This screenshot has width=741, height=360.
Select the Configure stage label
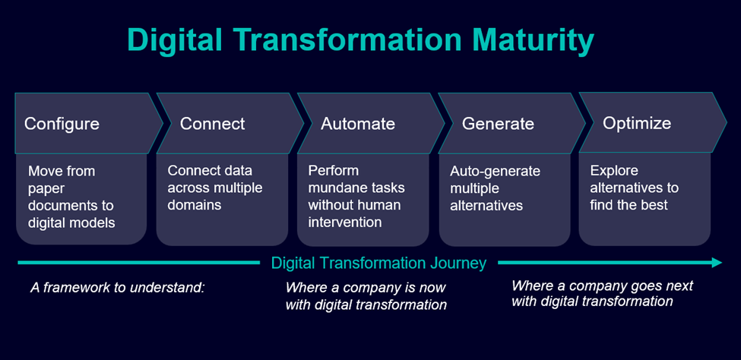[x=62, y=123]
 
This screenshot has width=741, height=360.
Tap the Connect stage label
[x=212, y=123]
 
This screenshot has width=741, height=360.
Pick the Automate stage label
[x=358, y=123]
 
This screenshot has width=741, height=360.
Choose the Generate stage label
[x=498, y=123]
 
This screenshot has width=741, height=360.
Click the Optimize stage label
[x=637, y=122]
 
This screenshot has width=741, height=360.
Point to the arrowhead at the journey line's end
[x=716, y=263]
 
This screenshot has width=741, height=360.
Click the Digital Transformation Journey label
[x=378, y=264]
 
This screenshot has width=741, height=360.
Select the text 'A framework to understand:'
[x=119, y=288]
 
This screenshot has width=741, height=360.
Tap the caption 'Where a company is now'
[x=366, y=288]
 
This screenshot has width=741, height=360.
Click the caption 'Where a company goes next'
[x=602, y=286]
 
